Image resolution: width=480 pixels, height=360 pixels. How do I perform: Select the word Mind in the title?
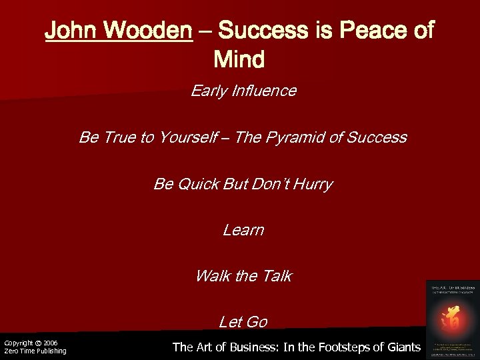239,60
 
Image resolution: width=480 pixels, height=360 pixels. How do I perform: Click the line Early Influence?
243,91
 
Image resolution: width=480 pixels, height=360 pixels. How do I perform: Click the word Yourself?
189,137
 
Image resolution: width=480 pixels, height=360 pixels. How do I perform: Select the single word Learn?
243,230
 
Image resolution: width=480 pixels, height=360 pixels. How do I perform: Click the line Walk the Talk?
243,276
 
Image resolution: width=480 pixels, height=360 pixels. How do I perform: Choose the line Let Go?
243,322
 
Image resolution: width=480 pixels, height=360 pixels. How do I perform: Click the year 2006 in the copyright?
51,343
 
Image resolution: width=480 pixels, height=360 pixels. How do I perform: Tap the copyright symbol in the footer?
38,343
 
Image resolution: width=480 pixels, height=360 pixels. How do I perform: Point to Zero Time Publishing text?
35,351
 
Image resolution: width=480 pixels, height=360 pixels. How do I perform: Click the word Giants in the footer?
402,347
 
